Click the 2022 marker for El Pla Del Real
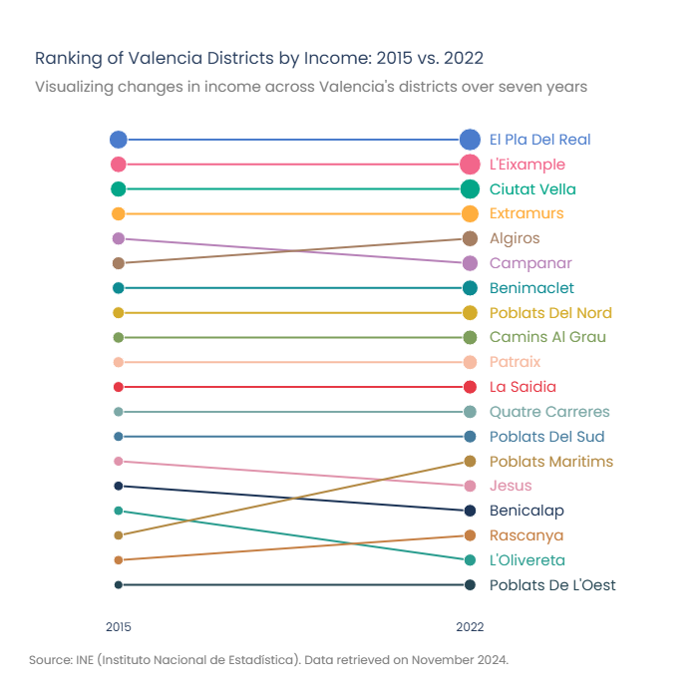[470, 140]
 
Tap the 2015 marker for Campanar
[119, 238]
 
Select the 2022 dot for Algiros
[470, 238]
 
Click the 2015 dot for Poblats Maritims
[119, 535]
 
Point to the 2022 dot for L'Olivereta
[470, 560]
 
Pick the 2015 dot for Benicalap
[119, 486]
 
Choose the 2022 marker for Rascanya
[470, 535]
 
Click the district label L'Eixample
[527, 165]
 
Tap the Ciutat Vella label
[532, 189]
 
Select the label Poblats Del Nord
[550, 313]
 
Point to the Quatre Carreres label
[549, 412]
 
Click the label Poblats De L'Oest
[552, 585]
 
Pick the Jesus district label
[511, 486]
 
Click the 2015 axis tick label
[119, 627]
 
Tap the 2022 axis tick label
[470, 627]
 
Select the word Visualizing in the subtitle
[74, 87]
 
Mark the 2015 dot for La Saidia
[119, 387]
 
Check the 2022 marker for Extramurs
[470, 213]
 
